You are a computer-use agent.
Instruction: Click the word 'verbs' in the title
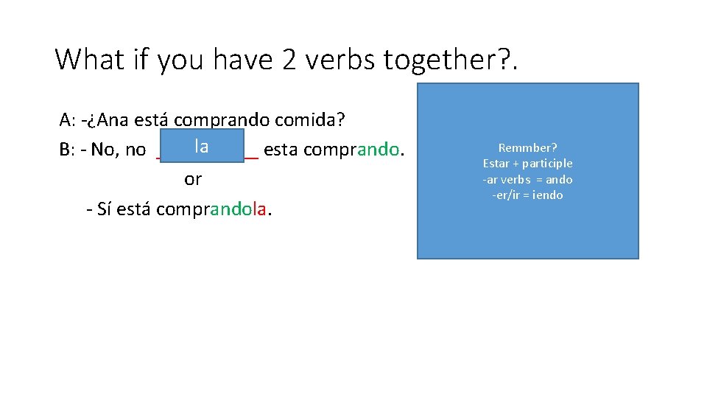click(x=340, y=60)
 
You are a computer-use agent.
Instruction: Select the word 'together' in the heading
click(x=440, y=60)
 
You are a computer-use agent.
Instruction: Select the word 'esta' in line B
click(x=281, y=150)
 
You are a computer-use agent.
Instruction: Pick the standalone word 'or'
click(x=193, y=179)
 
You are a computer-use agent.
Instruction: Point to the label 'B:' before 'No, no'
click(x=68, y=150)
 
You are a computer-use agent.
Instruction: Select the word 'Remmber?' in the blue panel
click(x=527, y=147)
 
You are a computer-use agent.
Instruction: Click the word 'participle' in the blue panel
click(x=547, y=164)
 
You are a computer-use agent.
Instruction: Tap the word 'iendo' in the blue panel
click(x=547, y=195)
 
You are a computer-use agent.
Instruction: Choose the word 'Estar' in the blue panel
click(x=497, y=164)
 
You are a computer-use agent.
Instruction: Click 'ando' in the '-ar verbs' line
click(x=560, y=180)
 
